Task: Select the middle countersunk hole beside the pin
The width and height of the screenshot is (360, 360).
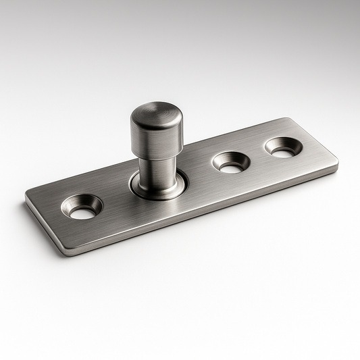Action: (231, 162)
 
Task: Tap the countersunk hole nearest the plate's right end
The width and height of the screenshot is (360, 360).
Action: (283, 147)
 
